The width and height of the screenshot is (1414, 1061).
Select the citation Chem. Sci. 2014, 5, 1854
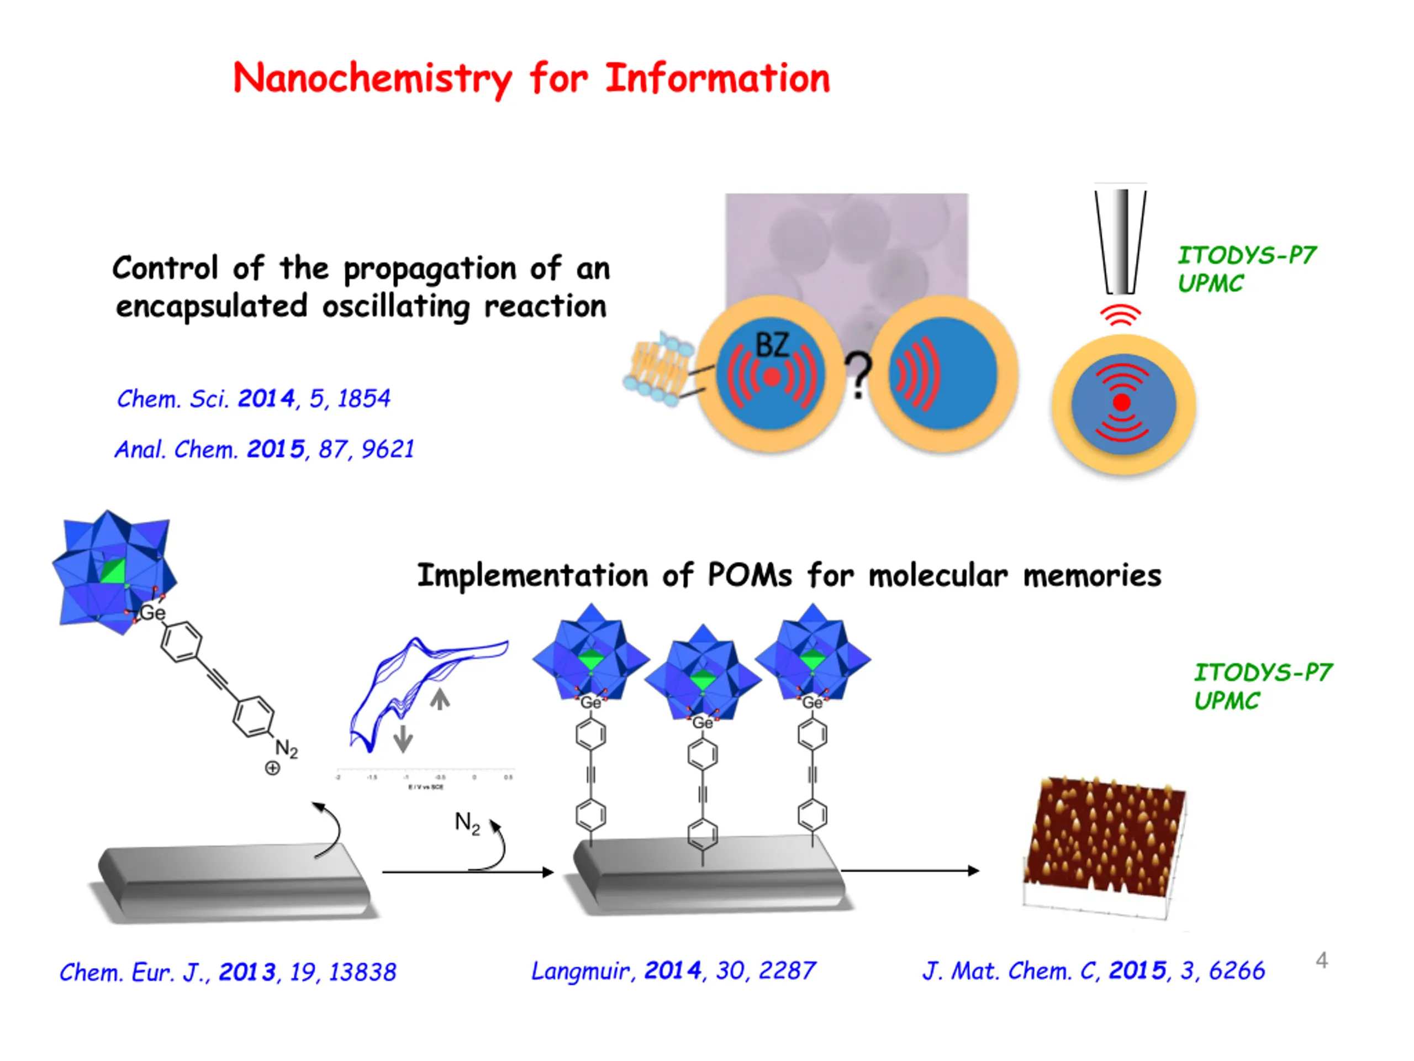click(253, 399)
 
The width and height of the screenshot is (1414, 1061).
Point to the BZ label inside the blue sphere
click(772, 345)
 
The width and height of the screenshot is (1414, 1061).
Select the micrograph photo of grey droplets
click(846, 243)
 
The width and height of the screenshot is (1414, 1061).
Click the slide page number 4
click(1322, 960)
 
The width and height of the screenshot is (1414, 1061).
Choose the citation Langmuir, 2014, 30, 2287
click(673, 971)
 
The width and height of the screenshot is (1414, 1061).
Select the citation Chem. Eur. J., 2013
click(228, 972)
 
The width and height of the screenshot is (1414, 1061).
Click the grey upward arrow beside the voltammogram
click(439, 698)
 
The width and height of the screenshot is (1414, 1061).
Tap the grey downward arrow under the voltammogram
click(403, 739)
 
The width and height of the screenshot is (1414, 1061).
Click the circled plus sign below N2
click(272, 768)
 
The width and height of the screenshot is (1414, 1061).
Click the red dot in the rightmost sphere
click(1122, 402)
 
